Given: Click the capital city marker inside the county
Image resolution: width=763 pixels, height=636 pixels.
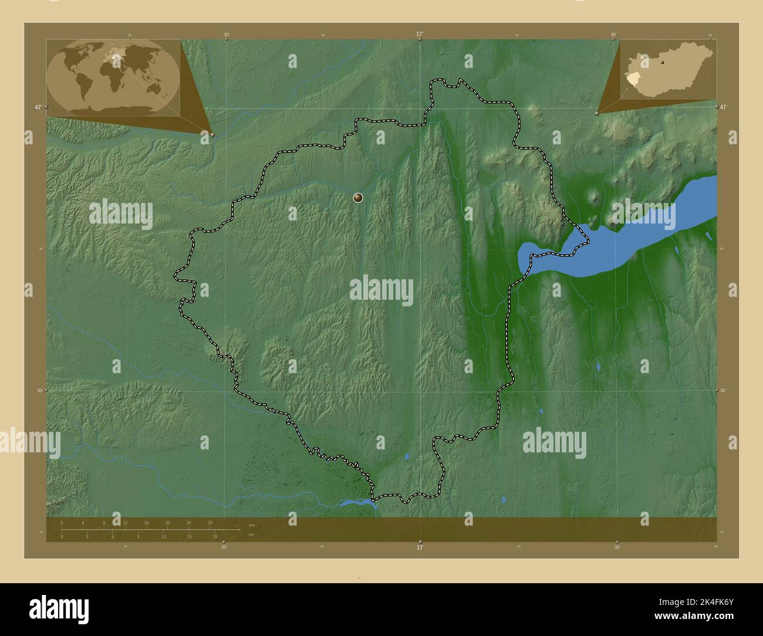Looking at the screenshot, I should pos(358,198).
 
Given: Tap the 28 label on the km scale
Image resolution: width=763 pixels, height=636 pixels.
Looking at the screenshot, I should pos(210,522).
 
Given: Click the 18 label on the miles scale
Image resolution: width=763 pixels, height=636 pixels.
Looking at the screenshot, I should pos(215,536).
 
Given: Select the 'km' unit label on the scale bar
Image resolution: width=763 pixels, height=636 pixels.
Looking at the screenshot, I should pos(252,525).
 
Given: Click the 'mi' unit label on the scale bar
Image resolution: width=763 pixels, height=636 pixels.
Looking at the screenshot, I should pos(251,535).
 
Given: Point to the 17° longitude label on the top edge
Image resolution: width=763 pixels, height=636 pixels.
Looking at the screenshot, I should pos(419,35).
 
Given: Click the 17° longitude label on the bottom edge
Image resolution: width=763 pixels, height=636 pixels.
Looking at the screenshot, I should pos(419,547).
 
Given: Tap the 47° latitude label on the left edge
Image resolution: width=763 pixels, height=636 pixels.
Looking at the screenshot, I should pos(38,107).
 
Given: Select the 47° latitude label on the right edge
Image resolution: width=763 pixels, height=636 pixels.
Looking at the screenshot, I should pos(723,107).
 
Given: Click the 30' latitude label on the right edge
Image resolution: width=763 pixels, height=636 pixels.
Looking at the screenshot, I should pos(723,390).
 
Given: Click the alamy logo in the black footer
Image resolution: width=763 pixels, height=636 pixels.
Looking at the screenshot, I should pos(59,608).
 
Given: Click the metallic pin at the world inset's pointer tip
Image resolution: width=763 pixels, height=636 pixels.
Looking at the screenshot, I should pos(212,134).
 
